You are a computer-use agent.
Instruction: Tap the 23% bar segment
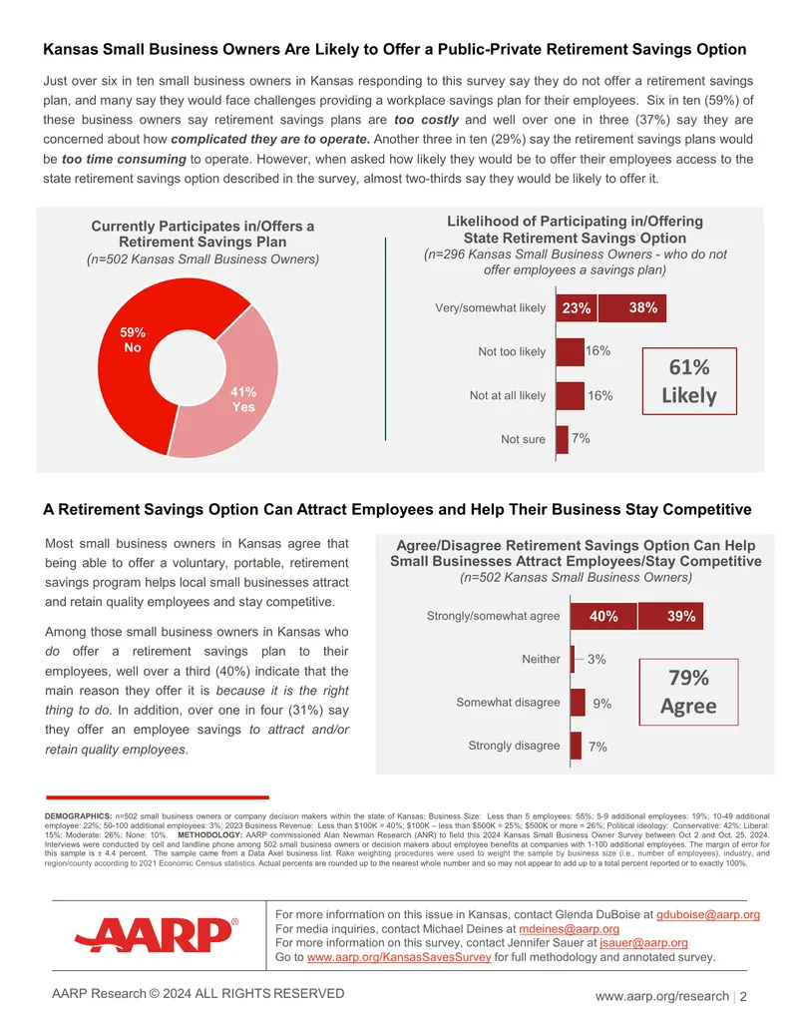click(x=577, y=307)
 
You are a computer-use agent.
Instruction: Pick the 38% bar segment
click(x=632, y=307)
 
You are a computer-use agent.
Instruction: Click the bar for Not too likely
click(x=571, y=351)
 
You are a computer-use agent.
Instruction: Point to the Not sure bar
click(x=563, y=439)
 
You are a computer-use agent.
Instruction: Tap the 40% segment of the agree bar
click(x=603, y=616)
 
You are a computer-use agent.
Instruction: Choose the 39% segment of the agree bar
click(x=671, y=616)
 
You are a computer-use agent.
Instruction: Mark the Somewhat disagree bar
click(x=579, y=703)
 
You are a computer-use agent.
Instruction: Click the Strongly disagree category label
click(x=514, y=746)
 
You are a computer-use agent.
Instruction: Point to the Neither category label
click(x=541, y=659)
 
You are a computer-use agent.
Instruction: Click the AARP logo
click(x=157, y=934)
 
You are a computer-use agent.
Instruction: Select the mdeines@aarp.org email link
click(x=569, y=929)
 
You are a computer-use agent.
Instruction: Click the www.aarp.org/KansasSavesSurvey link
click(x=399, y=957)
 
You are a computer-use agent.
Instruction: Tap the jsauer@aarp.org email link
click(x=643, y=943)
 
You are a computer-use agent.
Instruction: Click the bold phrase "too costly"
click(x=427, y=120)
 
